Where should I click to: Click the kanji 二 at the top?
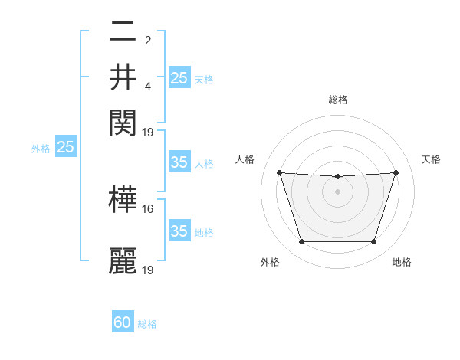pyautogui.click(x=123, y=32)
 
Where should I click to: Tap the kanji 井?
pyautogui.click(x=123, y=77)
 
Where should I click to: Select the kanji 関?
pyautogui.click(x=123, y=122)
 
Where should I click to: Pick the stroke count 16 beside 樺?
pyautogui.click(x=148, y=208)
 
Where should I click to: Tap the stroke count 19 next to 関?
pyautogui.click(x=148, y=132)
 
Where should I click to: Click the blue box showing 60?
pyautogui.click(x=123, y=323)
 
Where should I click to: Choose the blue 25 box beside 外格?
pyautogui.click(x=65, y=147)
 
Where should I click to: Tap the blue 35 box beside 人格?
pyautogui.click(x=179, y=162)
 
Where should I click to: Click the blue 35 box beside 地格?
pyautogui.click(x=179, y=231)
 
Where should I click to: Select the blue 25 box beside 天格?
pyautogui.click(x=179, y=78)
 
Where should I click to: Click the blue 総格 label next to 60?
pyautogui.click(x=147, y=324)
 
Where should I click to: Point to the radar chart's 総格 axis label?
pyautogui.click(x=337, y=100)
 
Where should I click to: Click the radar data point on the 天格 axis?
pyautogui.click(x=396, y=172)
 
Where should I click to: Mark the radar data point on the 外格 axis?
pyautogui.click(x=301, y=242)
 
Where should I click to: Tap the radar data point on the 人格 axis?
pyautogui.click(x=279, y=172)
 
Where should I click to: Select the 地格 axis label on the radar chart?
pyautogui.click(x=402, y=263)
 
